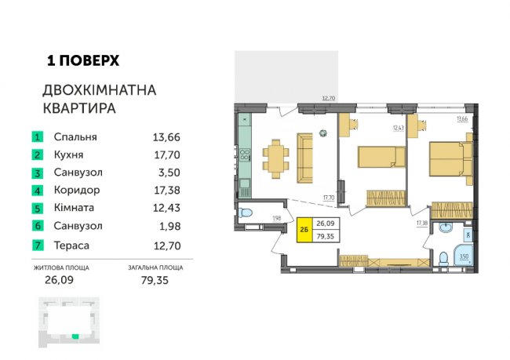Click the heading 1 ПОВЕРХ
83,60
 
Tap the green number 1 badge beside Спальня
38,137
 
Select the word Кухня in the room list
68,155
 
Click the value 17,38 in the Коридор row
167,190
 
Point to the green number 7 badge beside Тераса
38,245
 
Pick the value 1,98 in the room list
169,226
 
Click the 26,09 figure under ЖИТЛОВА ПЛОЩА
59,280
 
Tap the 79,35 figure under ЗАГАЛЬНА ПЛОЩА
155,280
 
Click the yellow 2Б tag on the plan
304,230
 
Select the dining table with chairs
276,158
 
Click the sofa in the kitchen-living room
304,158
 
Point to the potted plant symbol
323,133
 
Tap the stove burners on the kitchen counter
245,155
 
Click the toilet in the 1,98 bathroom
246,213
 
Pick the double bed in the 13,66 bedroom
451,158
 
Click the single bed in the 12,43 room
381,157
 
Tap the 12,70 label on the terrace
329,98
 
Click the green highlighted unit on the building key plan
75,336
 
